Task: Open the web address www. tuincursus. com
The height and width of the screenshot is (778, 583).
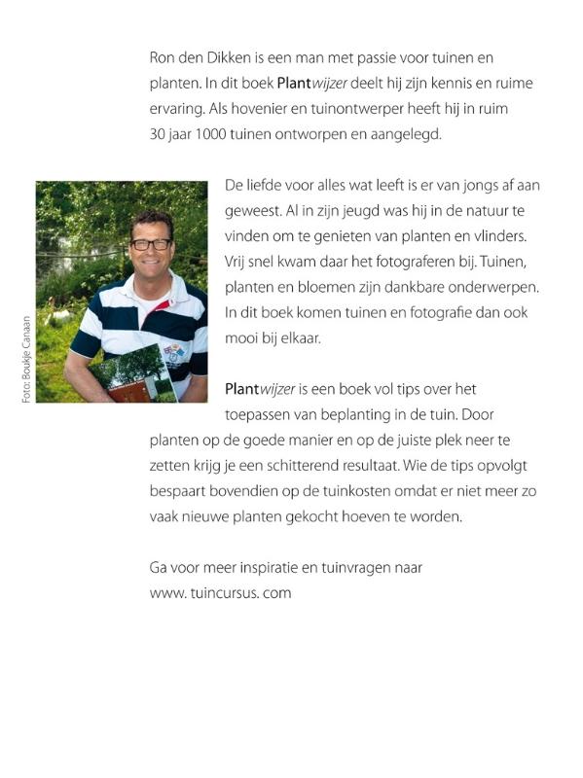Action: coord(221,592)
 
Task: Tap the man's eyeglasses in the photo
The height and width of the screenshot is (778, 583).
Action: coord(151,244)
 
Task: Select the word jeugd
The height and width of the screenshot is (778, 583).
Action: coord(327,211)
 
